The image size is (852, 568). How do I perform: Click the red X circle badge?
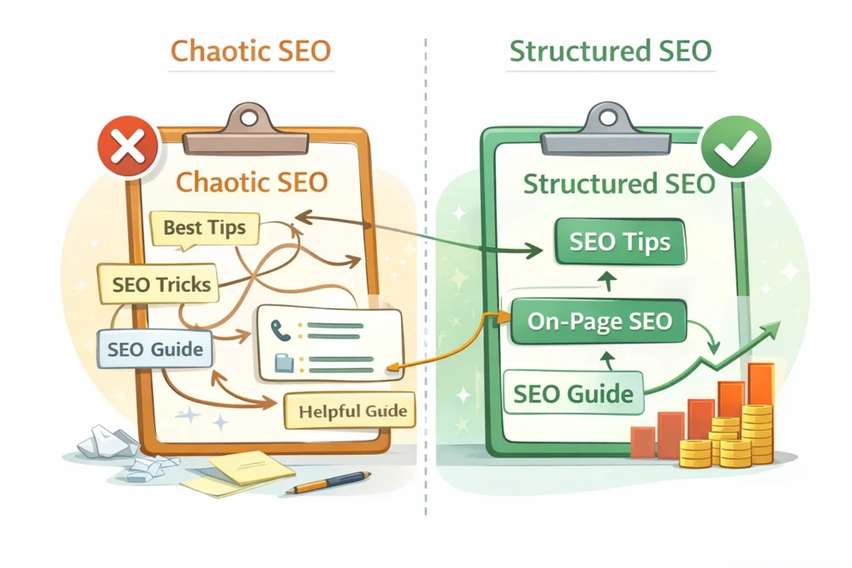tap(127, 150)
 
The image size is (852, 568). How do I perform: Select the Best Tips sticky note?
tap(205, 228)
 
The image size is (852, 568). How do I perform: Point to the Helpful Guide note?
tap(353, 411)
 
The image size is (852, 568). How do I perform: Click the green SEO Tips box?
tap(619, 243)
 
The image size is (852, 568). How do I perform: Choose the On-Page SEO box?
tap(600, 321)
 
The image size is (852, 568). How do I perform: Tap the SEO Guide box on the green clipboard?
tap(572, 393)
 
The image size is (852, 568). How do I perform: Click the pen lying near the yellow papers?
tap(328, 482)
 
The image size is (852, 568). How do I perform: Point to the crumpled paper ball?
tap(106, 444)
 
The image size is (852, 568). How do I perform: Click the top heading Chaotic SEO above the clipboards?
tap(250, 51)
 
